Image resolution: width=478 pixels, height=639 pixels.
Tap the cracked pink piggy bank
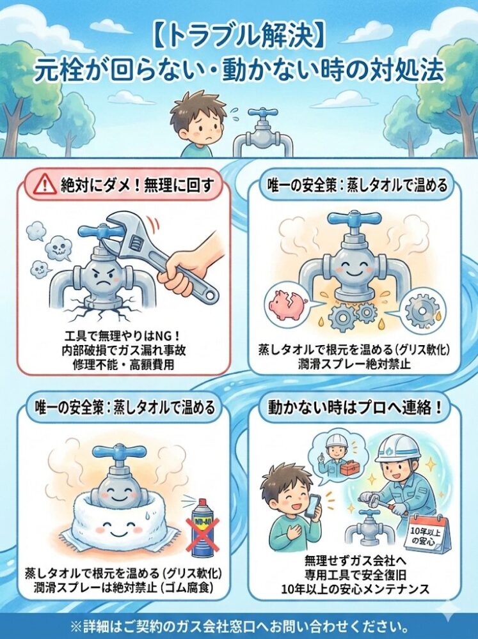click(x=285, y=302)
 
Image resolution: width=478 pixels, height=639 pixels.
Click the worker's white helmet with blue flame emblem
click(x=397, y=451)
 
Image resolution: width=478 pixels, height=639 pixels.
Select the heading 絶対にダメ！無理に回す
click(x=137, y=186)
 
